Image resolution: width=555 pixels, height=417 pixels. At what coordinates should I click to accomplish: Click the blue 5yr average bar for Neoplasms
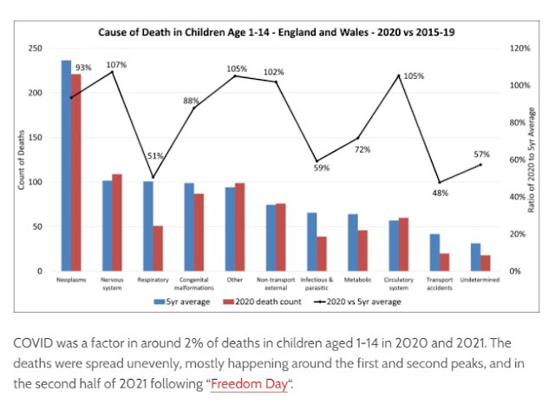tap(66, 166)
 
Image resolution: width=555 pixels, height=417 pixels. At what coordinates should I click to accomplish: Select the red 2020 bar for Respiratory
tap(158, 249)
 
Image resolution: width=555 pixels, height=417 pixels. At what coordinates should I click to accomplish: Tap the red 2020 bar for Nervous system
tap(117, 223)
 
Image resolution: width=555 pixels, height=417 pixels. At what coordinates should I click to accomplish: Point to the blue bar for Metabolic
tap(352, 243)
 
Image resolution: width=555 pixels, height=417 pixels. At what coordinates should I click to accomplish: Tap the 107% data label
tap(116, 64)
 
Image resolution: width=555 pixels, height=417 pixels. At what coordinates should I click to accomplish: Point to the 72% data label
tap(362, 149)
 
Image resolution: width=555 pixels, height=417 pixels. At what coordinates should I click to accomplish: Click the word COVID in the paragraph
tap(33, 343)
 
